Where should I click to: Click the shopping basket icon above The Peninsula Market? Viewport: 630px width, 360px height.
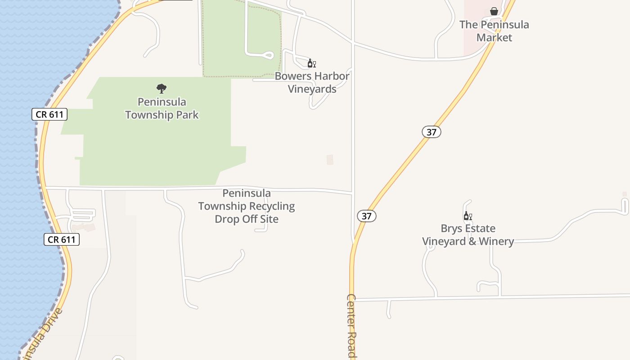(x=494, y=11)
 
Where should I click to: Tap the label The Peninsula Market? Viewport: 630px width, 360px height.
(x=494, y=31)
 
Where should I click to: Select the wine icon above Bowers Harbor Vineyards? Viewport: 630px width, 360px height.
(x=311, y=63)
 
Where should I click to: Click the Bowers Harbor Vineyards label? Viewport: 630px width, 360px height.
(x=312, y=82)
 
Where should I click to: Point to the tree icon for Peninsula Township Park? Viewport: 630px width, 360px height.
(x=162, y=89)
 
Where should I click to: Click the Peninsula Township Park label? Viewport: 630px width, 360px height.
(x=162, y=108)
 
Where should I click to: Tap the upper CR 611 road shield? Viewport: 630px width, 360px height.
(x=49, y=114)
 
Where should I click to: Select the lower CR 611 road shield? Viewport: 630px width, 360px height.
(x=62, y=239)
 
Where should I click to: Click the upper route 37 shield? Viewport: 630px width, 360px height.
(x=432, y=132)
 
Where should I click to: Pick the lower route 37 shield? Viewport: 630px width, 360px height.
(x=367, y=216)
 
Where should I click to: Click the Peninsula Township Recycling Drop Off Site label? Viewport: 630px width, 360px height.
(x=247, y=206)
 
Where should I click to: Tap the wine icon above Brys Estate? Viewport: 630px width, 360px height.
(x=468, y=216)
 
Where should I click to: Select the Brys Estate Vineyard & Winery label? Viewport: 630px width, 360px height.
(x=468, y=235)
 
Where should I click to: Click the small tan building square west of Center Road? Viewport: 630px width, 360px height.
(x=330, y=160)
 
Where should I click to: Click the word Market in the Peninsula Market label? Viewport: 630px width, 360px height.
(x=494, y=37)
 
